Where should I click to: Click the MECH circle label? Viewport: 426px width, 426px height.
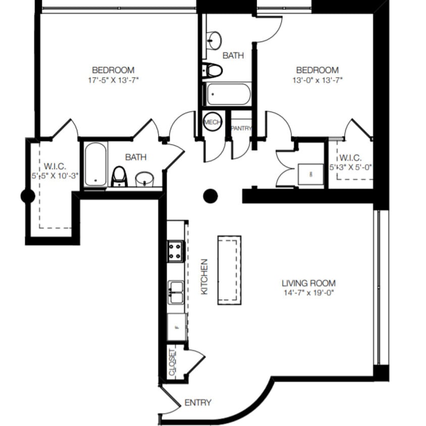pos(210,122)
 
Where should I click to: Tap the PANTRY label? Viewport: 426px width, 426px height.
pos(241,129)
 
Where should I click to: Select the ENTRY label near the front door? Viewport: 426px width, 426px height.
pos(197,403)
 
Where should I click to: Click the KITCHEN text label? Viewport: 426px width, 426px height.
pos(204,277)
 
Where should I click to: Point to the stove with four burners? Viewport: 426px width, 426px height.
pos(175,251)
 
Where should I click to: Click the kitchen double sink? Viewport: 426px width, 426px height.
pos(176,292)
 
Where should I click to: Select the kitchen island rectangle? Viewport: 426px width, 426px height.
pos(229,270)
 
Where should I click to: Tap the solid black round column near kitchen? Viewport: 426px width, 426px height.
pos(210,196)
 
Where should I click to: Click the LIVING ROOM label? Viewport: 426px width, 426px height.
pos(308,283)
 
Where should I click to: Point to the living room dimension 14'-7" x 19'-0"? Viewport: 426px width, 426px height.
pos(308,292)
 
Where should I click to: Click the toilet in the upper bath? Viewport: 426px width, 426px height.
pos(213,70)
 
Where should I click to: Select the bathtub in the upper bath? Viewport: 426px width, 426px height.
pos(229,94)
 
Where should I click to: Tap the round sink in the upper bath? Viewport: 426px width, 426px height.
pos(214,39)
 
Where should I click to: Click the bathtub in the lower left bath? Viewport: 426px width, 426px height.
pos(95,164)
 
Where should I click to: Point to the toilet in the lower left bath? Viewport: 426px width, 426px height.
pos(119,176)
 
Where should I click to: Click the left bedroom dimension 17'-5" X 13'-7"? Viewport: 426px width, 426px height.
pos(113,79)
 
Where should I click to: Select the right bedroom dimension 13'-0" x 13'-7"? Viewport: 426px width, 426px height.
pos(317,79)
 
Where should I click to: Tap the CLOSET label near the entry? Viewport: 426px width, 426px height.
pos(173,362)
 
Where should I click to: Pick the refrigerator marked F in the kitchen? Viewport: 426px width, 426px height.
pos(177,327)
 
